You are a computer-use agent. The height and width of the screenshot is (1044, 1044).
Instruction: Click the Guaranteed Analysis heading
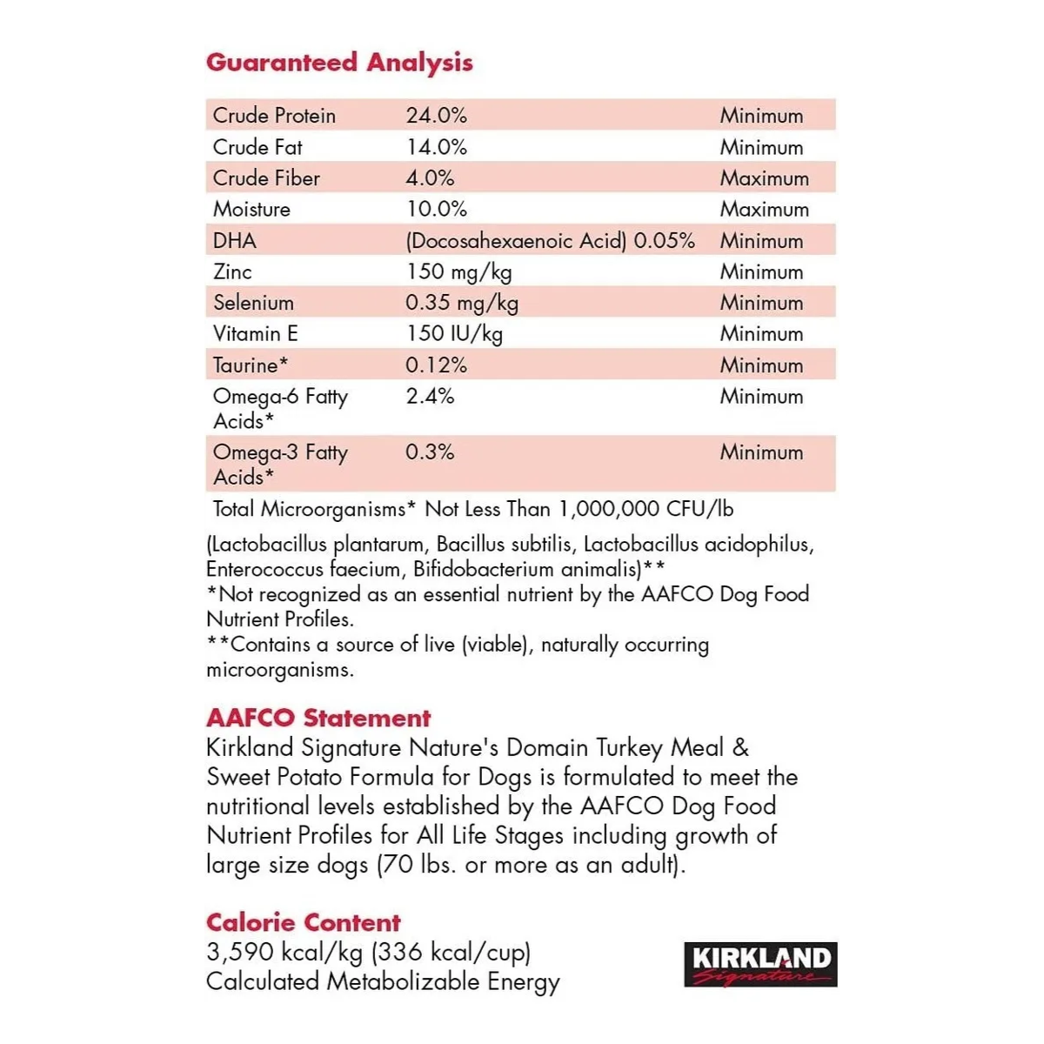(x=339, y=63)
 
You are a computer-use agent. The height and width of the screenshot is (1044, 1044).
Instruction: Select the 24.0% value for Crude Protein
(x=436, y=115)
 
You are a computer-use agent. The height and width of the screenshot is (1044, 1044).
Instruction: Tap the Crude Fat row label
(x=258, y=147)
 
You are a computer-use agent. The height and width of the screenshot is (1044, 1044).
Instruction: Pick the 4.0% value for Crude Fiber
(x=430, y=177)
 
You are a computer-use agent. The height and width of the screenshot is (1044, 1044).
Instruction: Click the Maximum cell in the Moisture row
(x=764, y=209)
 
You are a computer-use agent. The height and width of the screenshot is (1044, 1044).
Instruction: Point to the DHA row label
(x=235, y=240)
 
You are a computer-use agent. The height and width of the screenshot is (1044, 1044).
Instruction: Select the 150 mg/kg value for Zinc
(x=458, y=271)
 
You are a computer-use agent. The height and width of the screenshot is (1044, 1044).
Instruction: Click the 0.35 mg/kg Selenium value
(x=462, y=303)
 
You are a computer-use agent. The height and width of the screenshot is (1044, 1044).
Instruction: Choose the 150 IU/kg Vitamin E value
(x=453, y=334)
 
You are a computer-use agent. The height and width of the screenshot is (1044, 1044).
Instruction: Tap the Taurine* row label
(x=251, y=365)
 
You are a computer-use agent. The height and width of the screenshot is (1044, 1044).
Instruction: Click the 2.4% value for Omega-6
(x=430, y=396)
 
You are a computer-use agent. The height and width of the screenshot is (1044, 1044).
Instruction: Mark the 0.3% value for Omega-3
(x=430, y=452)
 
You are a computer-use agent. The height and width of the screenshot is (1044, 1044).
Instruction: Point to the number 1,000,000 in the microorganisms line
(x=608, y=509)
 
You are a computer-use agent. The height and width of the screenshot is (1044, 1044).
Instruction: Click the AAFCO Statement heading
(x=318, y=718)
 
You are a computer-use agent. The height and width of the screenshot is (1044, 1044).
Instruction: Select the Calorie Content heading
(x=304, y=922)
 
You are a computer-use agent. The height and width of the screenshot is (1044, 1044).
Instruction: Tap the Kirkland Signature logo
(x=760, y=964)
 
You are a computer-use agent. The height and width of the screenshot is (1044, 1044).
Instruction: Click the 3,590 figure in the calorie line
(x=240, y=952)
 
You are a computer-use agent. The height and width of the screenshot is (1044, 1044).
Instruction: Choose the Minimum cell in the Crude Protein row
(x=761, y=115)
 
